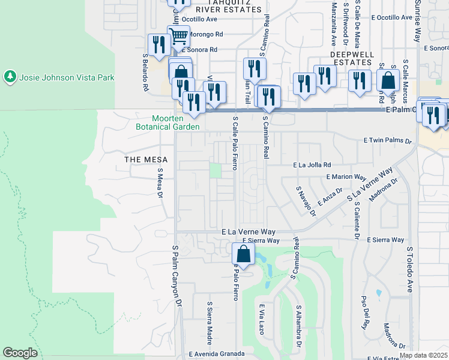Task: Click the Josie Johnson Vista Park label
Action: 67,77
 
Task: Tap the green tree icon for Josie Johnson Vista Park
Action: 10,77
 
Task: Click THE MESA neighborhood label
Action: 145,159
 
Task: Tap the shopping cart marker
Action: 178,37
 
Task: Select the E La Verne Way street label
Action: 248,231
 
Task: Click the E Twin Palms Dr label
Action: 388,141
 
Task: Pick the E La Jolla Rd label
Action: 312,164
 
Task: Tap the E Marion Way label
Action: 346,177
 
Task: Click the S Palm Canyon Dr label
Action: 176,277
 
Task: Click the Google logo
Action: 20,353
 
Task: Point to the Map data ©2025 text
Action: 424,355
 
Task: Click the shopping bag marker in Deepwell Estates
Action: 389,81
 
